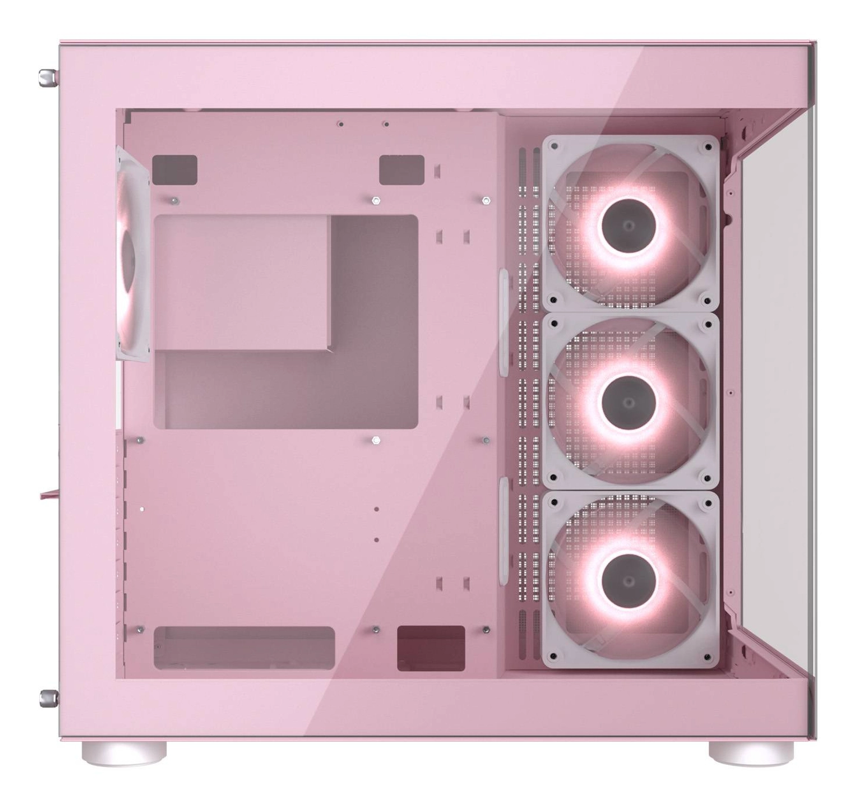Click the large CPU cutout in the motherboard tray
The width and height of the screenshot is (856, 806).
click(286, 321)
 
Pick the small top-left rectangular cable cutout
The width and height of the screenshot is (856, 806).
click(174, 170)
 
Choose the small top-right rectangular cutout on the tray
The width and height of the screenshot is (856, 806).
click(402, 170)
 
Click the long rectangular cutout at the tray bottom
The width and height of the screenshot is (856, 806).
click(244, 648)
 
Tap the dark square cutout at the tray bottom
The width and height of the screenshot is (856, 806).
click(431, 648)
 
